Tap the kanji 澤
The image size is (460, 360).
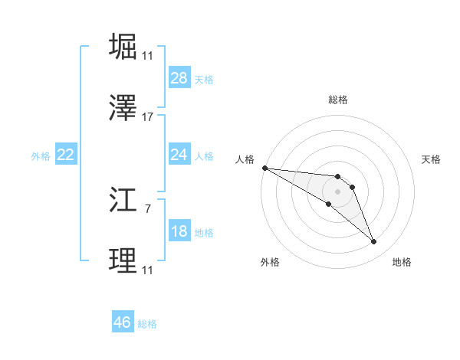tap(123, 109)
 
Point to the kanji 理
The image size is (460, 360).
tap(123, 261)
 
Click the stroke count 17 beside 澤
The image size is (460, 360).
tap(148, 117)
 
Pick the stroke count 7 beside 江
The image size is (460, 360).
tap(148, 208)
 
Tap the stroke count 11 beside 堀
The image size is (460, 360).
tap(148, 55)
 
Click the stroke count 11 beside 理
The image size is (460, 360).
tap(148, 270)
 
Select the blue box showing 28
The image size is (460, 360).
tap(179, 78)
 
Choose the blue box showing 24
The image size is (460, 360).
tap(179, 155)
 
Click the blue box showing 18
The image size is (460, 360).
tap(179, 231)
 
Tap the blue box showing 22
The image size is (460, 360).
tap(66, 155)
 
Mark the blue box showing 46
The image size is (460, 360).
tap(123, 322)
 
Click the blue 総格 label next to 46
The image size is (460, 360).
tap(147, 324)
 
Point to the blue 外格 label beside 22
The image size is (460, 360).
tap(41, 155)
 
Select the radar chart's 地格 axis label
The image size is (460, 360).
tap(402, 262)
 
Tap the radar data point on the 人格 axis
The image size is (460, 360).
tap(264, 168)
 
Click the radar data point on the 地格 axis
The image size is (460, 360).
tap(374, 242)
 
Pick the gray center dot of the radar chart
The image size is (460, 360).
tap(337, 191)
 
